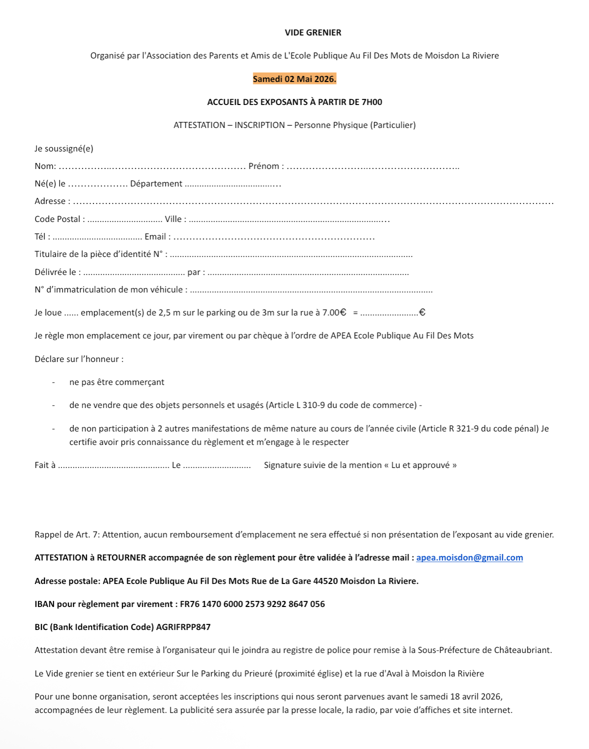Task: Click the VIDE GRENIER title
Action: tap(313, 32)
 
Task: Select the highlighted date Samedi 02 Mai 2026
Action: tap(294, 79)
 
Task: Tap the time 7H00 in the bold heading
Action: tap(372, 102)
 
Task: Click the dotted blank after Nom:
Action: tap(152, 167)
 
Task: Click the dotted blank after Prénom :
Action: tap(373, 167)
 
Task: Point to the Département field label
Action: tap(156, 184)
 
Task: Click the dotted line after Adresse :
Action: tap(313, 202)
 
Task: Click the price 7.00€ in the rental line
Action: tap(334, 312)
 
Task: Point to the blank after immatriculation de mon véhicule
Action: tap(311, 290)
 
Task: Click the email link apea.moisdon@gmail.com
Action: tap(469, 557)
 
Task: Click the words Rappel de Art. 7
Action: tap(67, 534)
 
